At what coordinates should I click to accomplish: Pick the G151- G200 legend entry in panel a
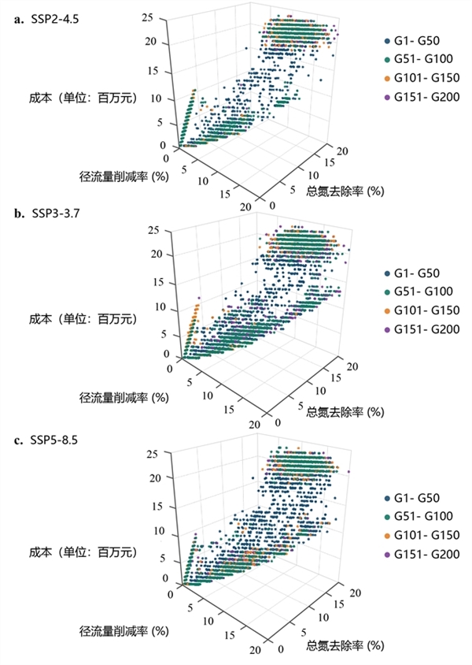[419, 98]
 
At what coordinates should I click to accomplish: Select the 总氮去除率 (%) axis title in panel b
[345, 411]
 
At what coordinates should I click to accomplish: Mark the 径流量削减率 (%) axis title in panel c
[125, 630]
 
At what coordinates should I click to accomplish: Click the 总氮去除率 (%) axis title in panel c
[345, 645]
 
